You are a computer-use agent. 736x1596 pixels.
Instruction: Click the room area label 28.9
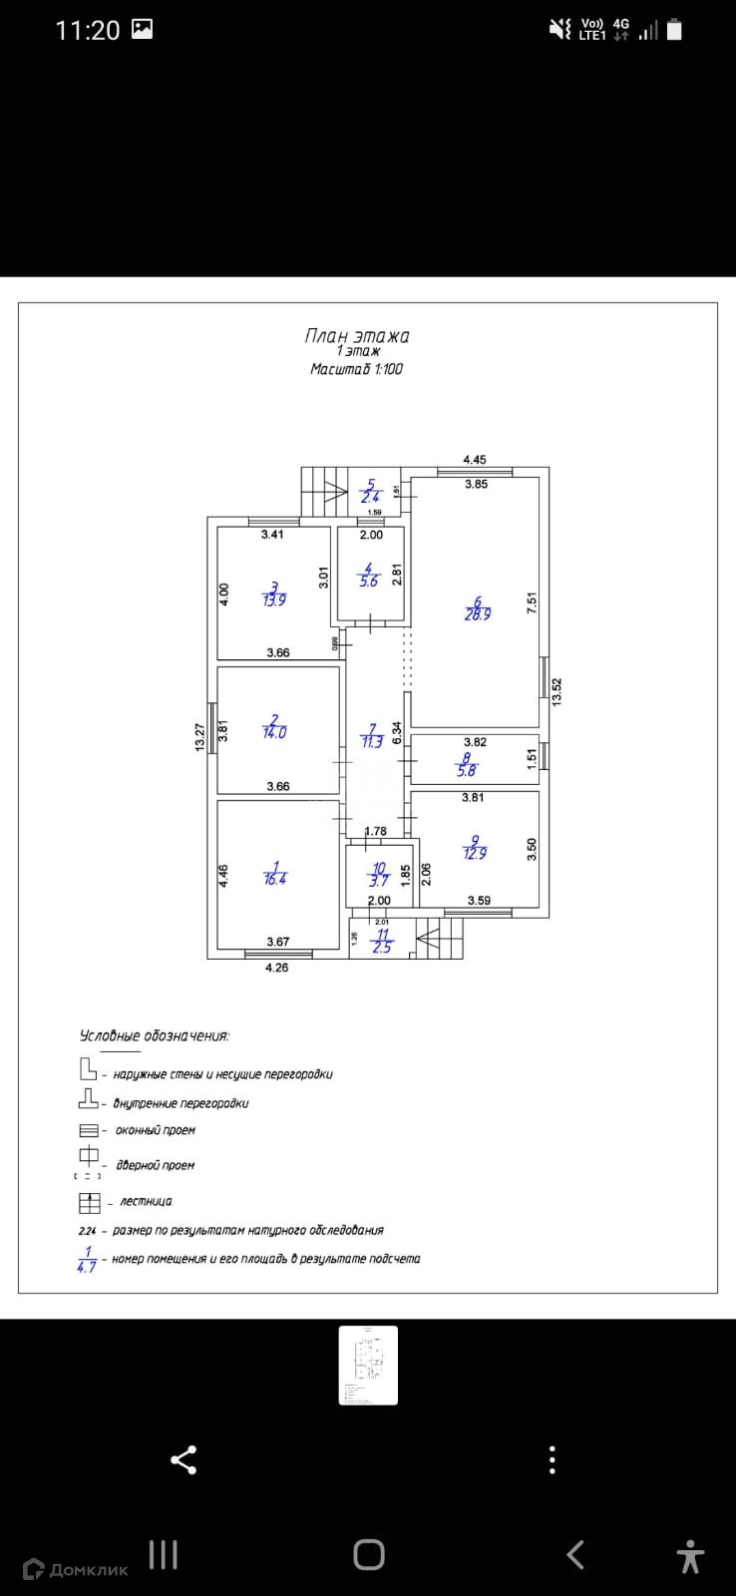pos(478,614)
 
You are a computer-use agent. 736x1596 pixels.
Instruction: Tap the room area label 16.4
pos(275,880)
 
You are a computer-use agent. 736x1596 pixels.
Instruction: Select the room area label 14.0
pos(274,732)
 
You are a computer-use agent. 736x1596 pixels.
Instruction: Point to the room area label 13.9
pos(273,600)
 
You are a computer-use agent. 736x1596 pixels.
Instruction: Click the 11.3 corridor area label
pos(371,742)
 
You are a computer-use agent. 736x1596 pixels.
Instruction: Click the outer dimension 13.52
pos(557,691)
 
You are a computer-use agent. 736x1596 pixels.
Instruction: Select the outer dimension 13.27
pos(199,737)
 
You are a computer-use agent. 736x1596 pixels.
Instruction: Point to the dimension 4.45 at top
pos(475,460)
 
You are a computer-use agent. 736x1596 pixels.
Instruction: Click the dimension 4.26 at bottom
pos(276,968)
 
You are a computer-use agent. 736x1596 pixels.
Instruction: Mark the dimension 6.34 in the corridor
pos(397,734)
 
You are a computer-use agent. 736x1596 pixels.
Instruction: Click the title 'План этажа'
pos(356,336)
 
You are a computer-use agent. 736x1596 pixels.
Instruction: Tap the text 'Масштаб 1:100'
pos(356,369)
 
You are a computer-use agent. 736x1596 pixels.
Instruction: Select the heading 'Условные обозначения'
pos(155,1035)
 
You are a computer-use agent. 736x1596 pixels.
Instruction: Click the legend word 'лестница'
pos(146,1202)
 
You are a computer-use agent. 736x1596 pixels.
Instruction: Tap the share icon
pos(184,1460)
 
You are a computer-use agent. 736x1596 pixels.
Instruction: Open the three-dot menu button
pos(552,1460)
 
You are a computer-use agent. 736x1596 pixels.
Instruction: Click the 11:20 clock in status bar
pos(87,31)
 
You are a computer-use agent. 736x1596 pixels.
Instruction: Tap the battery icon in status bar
pos(675,30)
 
